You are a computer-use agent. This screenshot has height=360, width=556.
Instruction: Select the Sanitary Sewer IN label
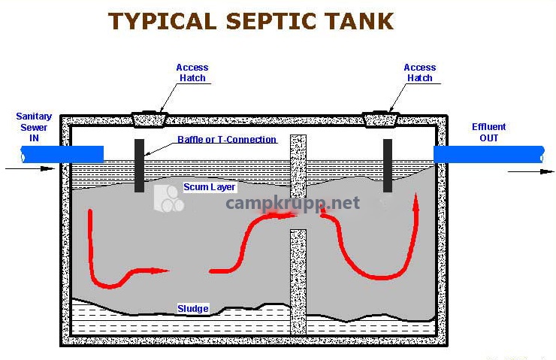[34, 127]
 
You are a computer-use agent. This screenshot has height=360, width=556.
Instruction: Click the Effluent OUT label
[488, 132]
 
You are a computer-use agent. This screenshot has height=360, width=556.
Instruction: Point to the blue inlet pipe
[62, 154]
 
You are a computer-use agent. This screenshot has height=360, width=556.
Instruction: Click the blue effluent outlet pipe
[489, 154]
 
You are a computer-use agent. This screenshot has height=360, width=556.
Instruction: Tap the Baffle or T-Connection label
[227, 139]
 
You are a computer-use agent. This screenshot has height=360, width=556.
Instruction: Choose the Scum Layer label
[209, 187]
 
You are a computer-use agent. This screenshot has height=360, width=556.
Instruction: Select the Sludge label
[193, 309]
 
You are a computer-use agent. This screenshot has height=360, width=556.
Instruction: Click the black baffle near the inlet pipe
[139, 165]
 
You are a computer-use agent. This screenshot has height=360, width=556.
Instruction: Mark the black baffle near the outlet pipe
[388, 165]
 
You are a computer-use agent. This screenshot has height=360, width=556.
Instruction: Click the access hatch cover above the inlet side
[150, 120]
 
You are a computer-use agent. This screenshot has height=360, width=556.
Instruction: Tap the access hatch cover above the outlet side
[380, 120]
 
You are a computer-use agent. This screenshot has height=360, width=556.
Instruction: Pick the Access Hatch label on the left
[192, 73]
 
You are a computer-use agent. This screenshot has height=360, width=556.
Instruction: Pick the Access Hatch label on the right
[420, 73]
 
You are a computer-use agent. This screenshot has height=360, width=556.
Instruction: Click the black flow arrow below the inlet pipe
[30, 168]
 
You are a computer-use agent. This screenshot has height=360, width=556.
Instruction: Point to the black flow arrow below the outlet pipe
[530, 171]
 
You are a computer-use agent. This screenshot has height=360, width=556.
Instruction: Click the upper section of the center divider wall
[298, 166]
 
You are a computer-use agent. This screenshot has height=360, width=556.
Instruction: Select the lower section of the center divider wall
[298, 282]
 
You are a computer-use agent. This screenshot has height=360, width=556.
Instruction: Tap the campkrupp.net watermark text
[292, 203]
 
